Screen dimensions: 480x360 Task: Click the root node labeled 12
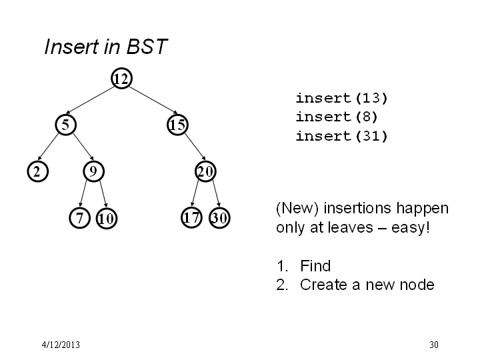tap(121, 79)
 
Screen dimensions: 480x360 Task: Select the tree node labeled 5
tap(65, 125)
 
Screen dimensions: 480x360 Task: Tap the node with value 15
tap(177, 125)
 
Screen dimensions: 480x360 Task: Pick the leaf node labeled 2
tap(37, 171)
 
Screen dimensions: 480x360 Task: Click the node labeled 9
tap(94, 171)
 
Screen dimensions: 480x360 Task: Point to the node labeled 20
tap(205, 171)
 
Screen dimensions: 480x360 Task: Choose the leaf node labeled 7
tap(79, 218)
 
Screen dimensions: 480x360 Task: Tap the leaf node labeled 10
tap(107, 218)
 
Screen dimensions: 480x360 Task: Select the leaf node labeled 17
tap(191, 217)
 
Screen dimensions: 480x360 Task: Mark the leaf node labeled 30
tap(219, 217)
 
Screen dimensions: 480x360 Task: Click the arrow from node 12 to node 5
tap(90, 101)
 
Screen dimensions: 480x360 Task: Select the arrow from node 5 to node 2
tap(48, 147)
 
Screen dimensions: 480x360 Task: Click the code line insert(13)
tap(341, 98)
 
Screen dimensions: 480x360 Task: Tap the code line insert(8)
tap(337, 117)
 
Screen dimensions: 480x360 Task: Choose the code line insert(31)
tap(341, 136)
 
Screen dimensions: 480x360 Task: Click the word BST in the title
tap(147, 47)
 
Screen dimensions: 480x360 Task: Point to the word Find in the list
tap(315, 266)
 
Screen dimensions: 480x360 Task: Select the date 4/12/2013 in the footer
tap(61, 345)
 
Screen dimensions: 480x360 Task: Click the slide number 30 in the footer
tap(434, 345)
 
